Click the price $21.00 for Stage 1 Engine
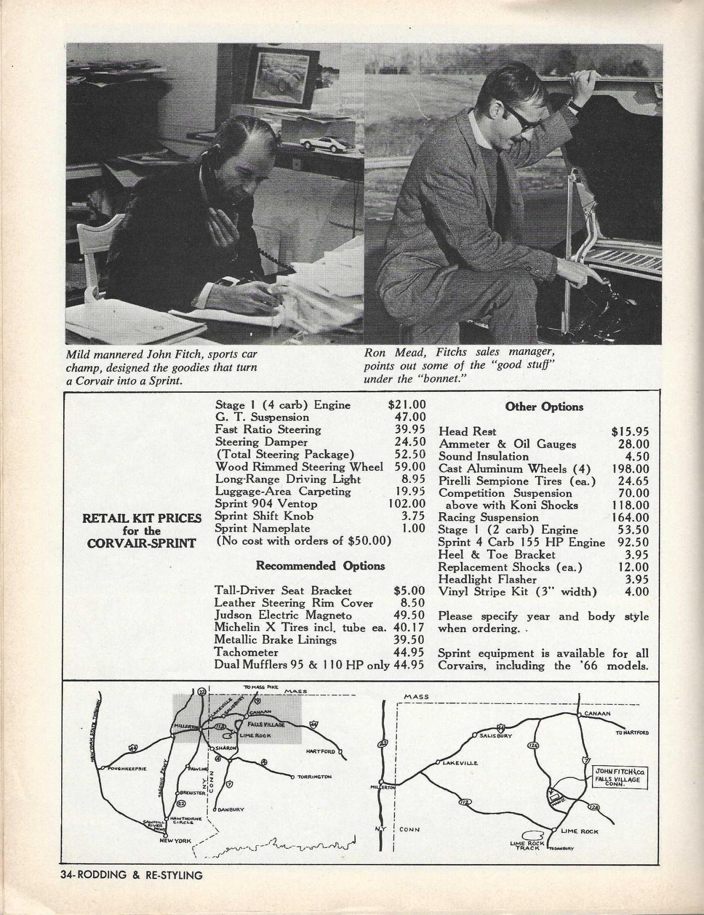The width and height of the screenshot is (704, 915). coord(407,405)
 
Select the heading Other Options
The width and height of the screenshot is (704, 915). coord(544,407)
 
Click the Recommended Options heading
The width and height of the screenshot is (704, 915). coord(320,566)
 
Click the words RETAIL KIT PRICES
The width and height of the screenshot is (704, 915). coord(142,518)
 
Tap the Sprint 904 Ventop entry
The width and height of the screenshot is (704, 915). coord(266,504)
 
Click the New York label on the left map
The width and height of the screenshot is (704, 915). coord(175,841)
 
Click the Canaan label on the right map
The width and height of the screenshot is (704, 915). coord(597,713)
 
